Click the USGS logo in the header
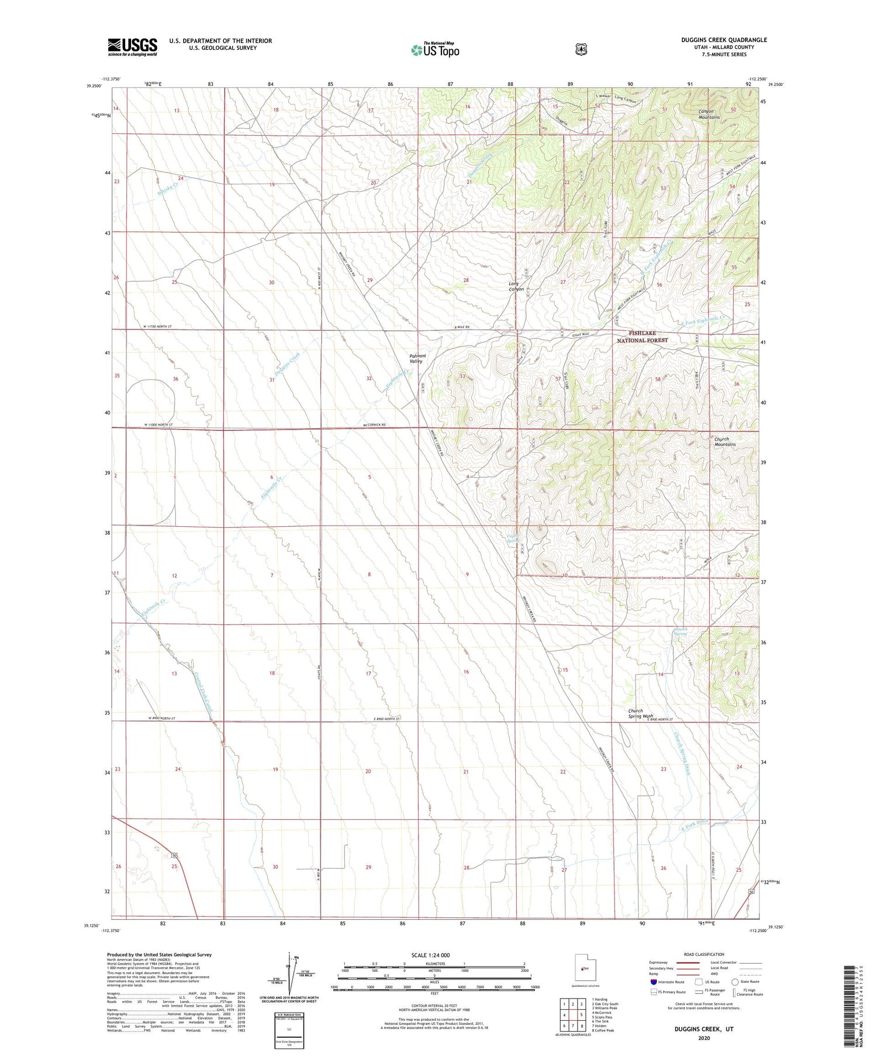(x=132, y=46)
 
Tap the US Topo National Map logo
(x=435, y=50)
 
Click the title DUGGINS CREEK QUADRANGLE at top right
(x=716, y=40)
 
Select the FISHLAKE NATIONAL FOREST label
(x=642, y=336)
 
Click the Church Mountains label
(x=724, y=441)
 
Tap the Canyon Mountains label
(x=709, y=114)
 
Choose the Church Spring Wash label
(x=635, y=713)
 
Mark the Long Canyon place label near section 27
(x=516, y=286)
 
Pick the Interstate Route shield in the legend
(x=653, y=982)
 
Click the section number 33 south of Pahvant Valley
(x=462, y=376)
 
